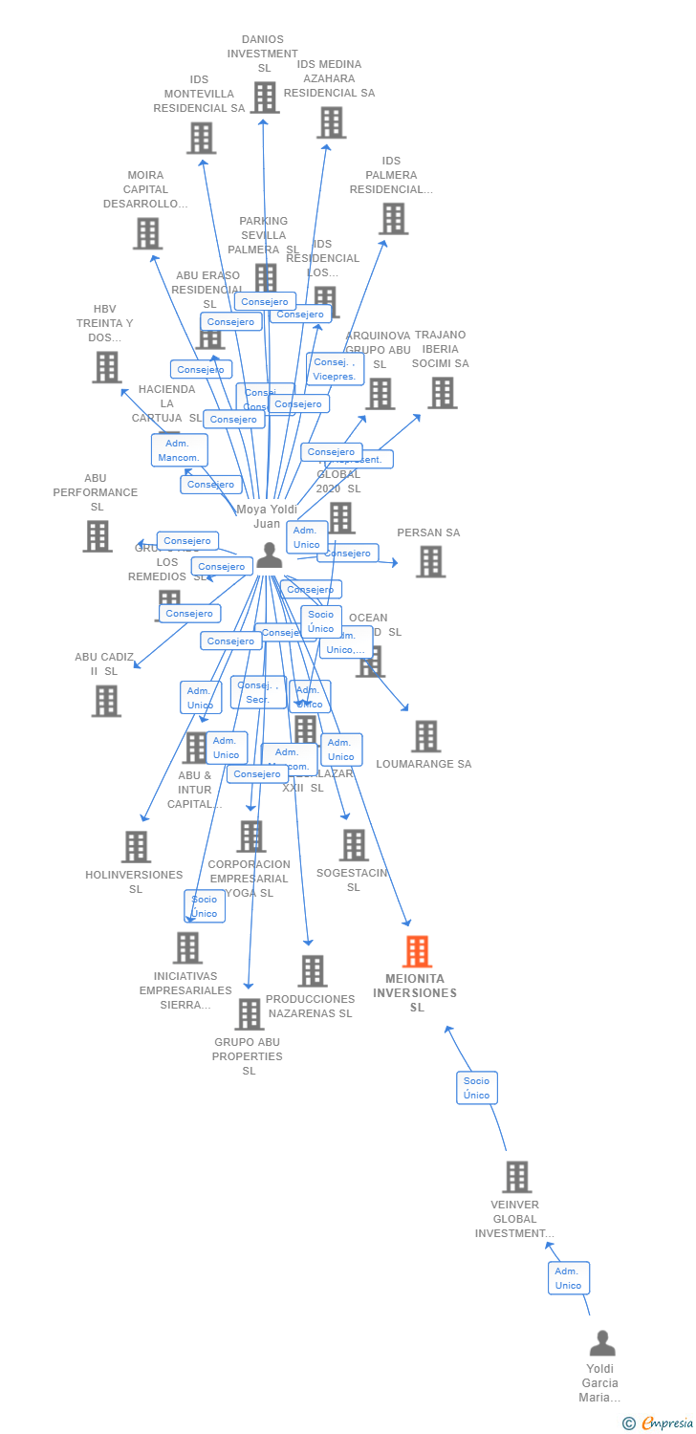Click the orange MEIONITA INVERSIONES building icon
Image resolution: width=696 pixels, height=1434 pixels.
tap(417, 951)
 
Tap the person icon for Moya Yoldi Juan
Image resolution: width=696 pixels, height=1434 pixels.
tap(270, 554)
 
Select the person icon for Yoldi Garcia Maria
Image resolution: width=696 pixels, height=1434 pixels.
tap(602, 1344)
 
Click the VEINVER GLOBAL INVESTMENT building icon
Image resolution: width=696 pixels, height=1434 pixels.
tap(517, 1177)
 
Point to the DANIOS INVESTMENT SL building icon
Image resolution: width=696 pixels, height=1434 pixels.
tap(265, 97)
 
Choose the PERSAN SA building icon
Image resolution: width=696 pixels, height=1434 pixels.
tap(430, 561)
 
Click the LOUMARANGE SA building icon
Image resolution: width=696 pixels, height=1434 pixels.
tap(425, 736)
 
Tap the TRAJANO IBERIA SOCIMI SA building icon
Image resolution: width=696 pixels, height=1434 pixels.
tap(442, 392)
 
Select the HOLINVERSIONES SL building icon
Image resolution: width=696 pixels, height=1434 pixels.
tap(136, 846)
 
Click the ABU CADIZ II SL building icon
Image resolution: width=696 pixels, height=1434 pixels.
tap(106, 700)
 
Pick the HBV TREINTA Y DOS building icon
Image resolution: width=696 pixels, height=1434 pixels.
tap(106, 366)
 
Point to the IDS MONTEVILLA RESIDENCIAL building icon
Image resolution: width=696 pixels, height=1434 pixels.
tap(201, 138)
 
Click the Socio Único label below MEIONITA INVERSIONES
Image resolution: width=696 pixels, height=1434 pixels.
tap(476, 1088)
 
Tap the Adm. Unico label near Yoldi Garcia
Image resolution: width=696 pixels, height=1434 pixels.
tap(568, 1278)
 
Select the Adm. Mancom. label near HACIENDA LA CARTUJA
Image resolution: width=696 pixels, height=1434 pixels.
tap(179, 450)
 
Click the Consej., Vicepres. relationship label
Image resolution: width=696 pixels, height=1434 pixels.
tap(335, 369)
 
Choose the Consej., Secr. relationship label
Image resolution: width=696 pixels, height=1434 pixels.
tap(257, 692)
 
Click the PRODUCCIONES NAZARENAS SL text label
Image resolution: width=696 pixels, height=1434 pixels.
tap(310, 1006)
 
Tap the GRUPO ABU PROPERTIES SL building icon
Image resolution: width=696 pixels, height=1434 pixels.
tap(249, 1013)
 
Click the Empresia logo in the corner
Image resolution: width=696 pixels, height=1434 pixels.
tap(659, 1423)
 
